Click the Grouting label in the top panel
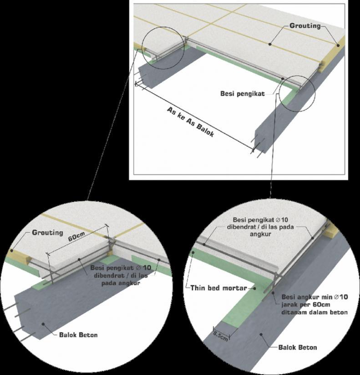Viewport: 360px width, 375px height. click(x=305, y=26)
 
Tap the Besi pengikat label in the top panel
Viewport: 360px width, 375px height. click(x=243, y=93)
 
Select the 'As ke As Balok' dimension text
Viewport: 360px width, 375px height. click(x=190, y=122)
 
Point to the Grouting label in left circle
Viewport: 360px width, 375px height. click(x=48, y=233)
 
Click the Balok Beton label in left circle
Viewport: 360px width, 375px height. click(x=78, y=335)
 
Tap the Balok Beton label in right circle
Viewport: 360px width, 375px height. click(x=298, y=347)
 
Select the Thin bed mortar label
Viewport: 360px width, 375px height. click(x=218, y=288)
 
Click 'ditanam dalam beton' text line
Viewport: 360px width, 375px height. click(x=314, y=312)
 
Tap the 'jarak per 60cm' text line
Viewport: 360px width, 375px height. click(x=306, y=305)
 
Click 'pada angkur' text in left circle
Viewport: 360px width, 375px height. click(x=121, y=284)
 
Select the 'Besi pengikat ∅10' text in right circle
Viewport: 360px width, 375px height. click(x=260, y=219)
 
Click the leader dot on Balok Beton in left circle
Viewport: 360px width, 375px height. click(x=43, y=324)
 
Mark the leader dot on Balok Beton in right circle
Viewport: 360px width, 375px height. click(x=261, y=334)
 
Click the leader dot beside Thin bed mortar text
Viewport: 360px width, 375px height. click(x=254, y=289)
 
